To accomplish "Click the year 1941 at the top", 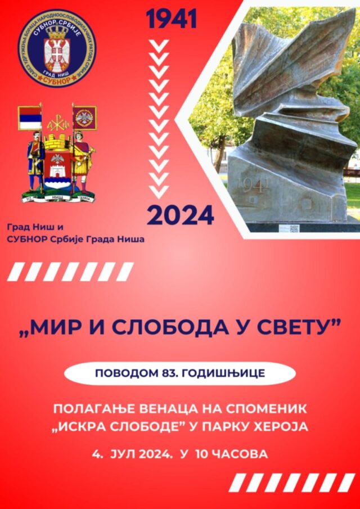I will pos(172,20).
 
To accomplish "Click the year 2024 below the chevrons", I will pos(180,215).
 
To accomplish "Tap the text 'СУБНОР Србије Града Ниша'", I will pos(75,239).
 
